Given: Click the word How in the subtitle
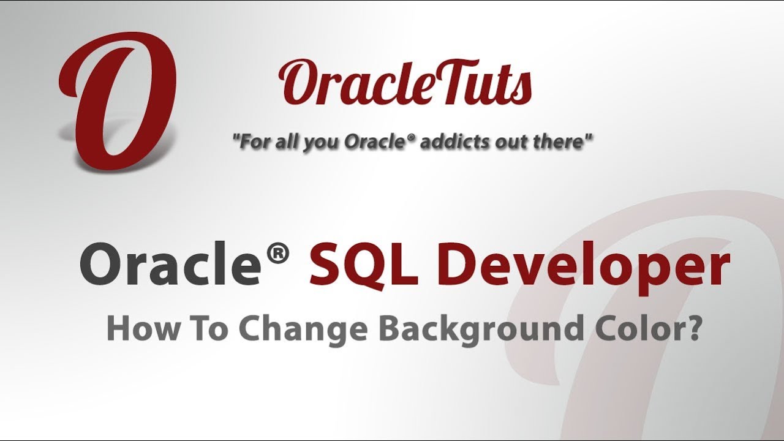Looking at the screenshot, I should pyautogui.click(x=136, y=329).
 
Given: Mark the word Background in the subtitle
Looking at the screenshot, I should pyautogui.click(x=478, y=330).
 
